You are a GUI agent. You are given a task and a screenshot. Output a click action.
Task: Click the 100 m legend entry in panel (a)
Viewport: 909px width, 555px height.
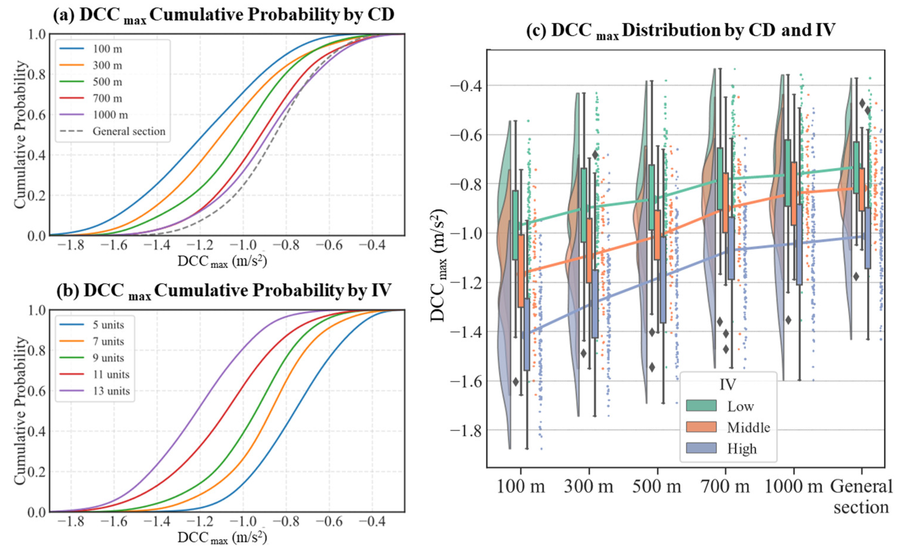(x=107, y=49)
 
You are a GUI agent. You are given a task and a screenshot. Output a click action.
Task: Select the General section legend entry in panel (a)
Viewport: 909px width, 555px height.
(x=129, y=132)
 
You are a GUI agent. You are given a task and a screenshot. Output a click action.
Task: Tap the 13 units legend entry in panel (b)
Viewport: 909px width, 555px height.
(x=111, y=391)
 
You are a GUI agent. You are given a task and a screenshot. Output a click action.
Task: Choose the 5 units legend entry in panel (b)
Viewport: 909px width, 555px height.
(x=108, y=325)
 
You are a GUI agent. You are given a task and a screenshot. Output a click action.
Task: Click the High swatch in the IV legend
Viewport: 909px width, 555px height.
(x=701, y=448)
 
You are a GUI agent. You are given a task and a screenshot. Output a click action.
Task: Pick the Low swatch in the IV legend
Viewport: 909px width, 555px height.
(x=701, y=406)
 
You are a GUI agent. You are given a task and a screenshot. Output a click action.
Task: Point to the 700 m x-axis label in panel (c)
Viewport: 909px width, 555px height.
(x=725, y=486)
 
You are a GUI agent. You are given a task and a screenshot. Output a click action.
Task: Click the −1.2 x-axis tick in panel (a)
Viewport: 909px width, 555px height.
(x=199, y=245)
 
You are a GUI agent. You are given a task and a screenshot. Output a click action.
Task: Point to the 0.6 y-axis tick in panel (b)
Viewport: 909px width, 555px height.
(x=37, y=391)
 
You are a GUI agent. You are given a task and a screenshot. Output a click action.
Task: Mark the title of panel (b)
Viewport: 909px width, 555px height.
(x=224, y=291)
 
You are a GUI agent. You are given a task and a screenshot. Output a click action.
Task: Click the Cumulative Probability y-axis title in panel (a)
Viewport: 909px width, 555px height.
(x=21, y=135)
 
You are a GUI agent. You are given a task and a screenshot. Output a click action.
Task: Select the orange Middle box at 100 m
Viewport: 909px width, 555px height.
(x=521, y=271)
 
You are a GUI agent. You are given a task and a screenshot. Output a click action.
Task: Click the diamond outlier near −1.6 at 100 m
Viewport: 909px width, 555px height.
(x=516, y=381)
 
